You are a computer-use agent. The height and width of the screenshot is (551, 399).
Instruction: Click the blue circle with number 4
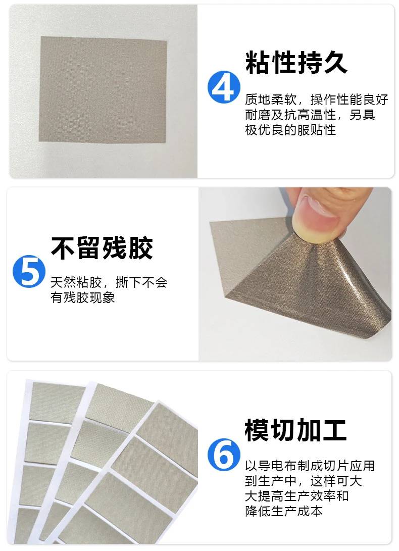pos(224,87)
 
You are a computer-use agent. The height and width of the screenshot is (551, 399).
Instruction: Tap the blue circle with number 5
pos(29,271)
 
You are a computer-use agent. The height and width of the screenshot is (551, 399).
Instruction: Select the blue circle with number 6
pos(224,455)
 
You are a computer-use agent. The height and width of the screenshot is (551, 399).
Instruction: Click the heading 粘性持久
pos(296,63)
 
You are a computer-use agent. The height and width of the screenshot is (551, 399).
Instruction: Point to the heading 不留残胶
pos(102,248)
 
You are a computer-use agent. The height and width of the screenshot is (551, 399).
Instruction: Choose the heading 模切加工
pos(296,430)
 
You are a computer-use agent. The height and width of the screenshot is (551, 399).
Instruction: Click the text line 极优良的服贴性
pos(290,130)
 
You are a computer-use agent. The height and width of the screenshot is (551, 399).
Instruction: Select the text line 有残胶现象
pos(83,297)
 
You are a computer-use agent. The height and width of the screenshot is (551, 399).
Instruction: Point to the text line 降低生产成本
pos(284,511)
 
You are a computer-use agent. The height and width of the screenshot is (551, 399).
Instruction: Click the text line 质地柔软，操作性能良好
pos(316,99)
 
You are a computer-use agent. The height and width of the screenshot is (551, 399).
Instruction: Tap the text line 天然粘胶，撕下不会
pos(109,282)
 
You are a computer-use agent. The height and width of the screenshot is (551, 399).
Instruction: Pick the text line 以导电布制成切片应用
pos(310,466)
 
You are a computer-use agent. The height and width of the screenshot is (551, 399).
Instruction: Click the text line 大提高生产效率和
pos(296,496)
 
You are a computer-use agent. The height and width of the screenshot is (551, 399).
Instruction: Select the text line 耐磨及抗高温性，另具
pos(310,115)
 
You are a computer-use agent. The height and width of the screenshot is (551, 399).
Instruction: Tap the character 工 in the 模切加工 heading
pos(335,430)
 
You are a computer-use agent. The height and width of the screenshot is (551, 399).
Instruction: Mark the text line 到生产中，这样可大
pos(304,481)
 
